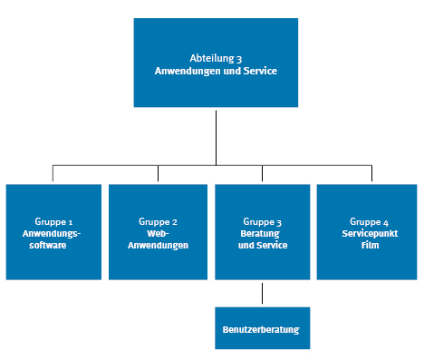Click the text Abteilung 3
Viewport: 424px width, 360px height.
click(215, 57)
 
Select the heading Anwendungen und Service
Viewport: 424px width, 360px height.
click(215, 70)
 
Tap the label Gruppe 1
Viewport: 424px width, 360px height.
click(54, 221)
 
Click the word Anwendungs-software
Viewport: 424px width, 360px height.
click(54, 238)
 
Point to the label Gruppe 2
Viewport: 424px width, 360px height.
click(159, 221)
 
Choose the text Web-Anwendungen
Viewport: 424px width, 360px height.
click(159, 238)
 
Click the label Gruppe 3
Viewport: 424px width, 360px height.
click(263, 221)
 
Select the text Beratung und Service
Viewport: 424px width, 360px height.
click(263, 238)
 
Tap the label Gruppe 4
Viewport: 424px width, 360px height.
click(369, 221)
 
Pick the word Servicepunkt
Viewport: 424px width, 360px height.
click(369, 233)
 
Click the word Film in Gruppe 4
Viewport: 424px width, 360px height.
click(369, 245)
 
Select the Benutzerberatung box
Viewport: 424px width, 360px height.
click(262, 327)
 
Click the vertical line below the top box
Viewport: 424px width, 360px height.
click(216, 136)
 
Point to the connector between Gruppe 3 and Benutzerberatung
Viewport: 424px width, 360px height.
click(263, 294)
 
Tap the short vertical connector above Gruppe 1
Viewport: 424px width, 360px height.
click(53, 174)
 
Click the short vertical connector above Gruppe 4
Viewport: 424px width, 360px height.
click(370, 174)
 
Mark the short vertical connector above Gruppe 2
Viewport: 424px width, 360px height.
click(158, 174)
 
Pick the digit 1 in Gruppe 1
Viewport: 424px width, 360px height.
click(70, 221)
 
